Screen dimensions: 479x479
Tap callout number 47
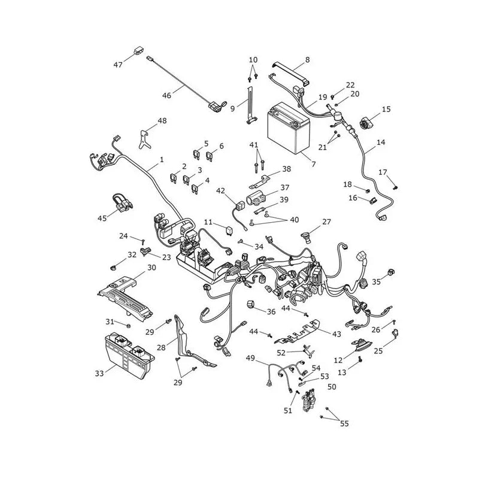[118, 65]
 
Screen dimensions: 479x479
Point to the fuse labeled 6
[210, 156]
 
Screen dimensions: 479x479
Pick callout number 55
[344, 423]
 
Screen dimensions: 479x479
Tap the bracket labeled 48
[144, 140]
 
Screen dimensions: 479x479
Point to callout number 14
[381, 142]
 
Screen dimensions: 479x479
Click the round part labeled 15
[366, 123]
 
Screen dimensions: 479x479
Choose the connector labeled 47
[139, 50]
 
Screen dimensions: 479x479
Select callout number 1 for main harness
[162, 159]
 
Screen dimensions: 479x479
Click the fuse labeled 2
[174, 178]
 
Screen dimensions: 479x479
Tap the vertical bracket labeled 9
[250, 105]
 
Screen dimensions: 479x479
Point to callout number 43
[336, 334]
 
